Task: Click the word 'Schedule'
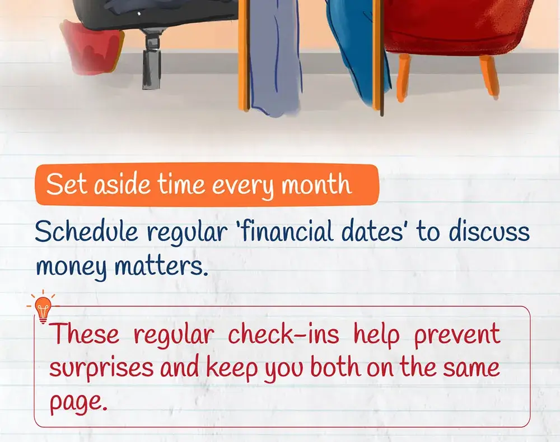(86, 232)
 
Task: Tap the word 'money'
(72, 268)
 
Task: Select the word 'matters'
(161, 266)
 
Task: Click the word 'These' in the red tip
(85, 334)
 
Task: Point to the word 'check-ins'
(283, 334)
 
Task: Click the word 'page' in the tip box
(78, 402)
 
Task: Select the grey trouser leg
(274, 57)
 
